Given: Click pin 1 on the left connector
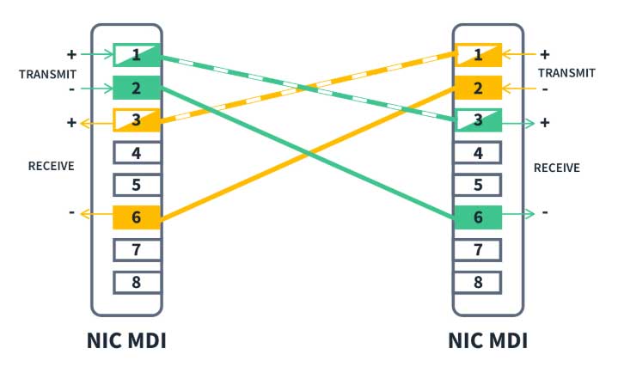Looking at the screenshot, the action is coord(137,55).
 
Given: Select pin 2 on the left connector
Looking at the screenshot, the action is coord(137,88).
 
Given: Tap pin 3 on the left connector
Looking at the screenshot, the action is coord(137,119).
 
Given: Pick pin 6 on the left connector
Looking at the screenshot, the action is coord(137,217).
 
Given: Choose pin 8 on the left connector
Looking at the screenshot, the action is coord(137,282).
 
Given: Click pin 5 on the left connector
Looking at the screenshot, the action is coord(137,185).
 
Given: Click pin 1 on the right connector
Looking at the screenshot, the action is coord(478,55).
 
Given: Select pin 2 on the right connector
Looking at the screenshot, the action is coord(478,88).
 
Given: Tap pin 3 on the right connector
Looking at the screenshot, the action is coord(478,119).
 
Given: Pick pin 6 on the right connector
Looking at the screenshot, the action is coord(478,217).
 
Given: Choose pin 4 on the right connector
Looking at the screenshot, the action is coord(478,152).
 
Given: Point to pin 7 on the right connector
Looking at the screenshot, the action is coord(478,249).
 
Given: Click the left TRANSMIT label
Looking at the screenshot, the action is coord(47,74).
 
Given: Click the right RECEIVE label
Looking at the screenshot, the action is coord(556,168).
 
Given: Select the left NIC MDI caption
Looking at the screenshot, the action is coord(126,341).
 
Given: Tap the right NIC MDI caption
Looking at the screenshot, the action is coord(488,341).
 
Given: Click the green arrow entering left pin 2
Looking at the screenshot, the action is coord(97,89).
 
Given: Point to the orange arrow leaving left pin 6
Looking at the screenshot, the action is coord(96,214).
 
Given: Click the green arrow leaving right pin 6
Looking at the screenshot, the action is coord(518,214).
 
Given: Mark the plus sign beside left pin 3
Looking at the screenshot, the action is coord(71,123).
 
